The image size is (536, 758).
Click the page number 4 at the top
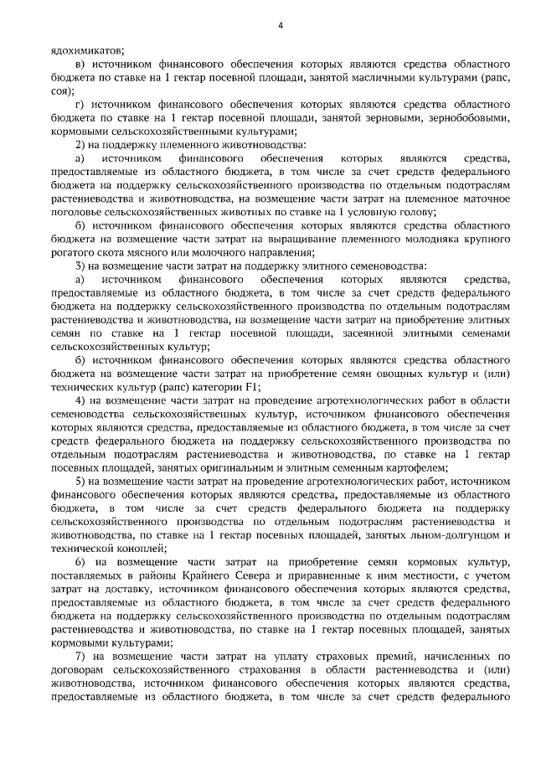point(281,24)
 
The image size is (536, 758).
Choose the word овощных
point(394,371)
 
